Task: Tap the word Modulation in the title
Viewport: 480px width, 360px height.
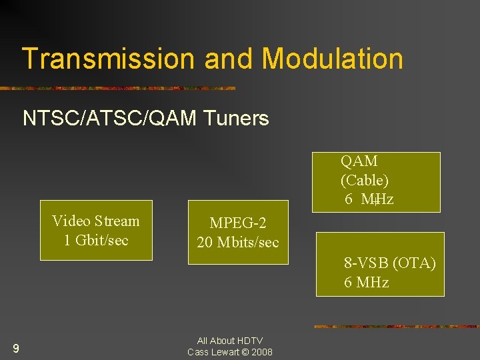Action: click(332, 59)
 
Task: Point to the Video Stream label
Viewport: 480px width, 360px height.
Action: click(96, 221)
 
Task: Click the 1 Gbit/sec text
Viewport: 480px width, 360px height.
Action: click(96, 240)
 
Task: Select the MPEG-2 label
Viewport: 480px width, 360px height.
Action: click(238, 223)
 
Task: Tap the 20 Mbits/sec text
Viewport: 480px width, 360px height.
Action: click(238, 242)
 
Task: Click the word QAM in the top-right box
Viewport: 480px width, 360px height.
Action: click(359, 161)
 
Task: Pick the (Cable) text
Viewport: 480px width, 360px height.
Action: click(365, 180)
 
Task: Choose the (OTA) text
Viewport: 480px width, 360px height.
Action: click(415, 263)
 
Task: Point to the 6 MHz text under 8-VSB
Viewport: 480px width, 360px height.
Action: click(366, 282)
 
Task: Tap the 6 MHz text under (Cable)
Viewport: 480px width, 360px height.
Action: click(369, 199)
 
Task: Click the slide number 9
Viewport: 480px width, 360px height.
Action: click(15, 348)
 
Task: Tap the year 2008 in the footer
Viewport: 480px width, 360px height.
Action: click(262, 352)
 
